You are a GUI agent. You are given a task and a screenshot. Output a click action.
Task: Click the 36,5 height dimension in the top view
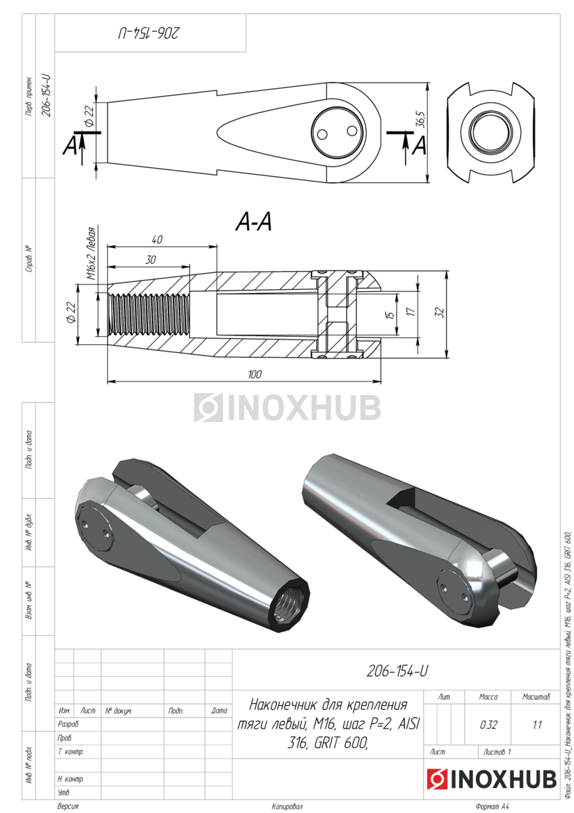click(x=422, y=120)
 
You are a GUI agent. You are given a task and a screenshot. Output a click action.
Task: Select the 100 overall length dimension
click(x=255, y=374)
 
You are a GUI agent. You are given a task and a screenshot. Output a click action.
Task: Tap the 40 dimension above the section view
click(x=156, y=240)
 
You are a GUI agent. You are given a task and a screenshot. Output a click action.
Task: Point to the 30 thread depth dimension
click(x=150, y=259)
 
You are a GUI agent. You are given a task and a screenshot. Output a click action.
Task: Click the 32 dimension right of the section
click(x=439, y=312)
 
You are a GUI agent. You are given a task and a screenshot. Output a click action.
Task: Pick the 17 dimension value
click(x=410, y=312)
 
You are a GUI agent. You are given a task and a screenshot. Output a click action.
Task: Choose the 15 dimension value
click(x=390, y=314)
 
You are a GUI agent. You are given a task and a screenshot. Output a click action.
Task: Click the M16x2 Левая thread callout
click(x=91, y=253)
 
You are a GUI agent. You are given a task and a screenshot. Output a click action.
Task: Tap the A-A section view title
click(x=254, y=222)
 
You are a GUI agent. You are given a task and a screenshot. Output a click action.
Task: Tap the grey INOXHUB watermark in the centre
click(x=287, y=407)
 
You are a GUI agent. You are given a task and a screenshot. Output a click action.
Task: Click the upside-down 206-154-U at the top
click(x=149, y=33)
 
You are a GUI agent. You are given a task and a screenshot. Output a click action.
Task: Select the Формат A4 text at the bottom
click(x=492, y=806)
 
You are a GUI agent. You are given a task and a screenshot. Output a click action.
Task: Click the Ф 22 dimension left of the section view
click(x=72, y=313)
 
